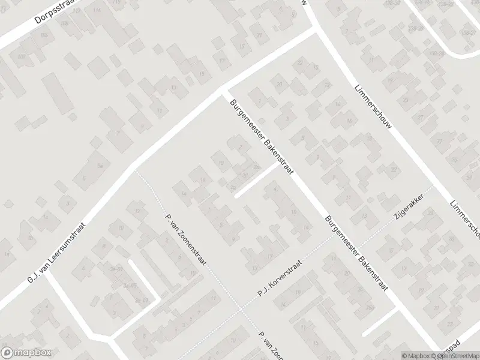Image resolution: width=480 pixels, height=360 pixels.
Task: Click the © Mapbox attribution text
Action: point(415,356)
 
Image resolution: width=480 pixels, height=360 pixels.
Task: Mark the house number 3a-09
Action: point(142,301)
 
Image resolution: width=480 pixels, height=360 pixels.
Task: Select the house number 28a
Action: point(256,167)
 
